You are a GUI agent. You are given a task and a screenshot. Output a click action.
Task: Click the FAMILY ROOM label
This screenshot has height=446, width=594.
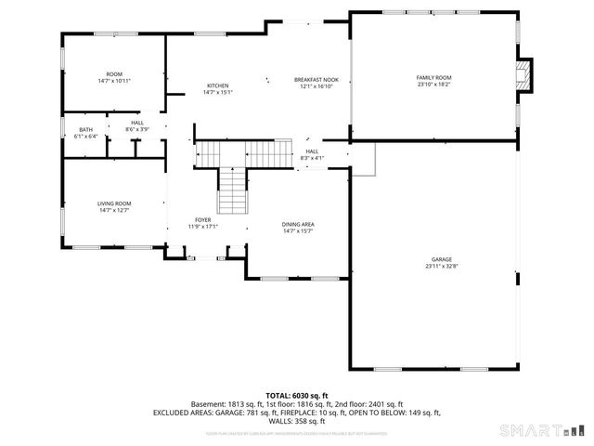(x=434, y=77)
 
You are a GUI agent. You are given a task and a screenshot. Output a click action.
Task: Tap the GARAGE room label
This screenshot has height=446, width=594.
(x=441, y=259)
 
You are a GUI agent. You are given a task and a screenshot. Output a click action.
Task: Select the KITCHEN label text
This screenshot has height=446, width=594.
(x=217, y=86)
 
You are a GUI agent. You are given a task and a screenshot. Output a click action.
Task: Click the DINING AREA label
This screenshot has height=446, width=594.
(x=298, y=224)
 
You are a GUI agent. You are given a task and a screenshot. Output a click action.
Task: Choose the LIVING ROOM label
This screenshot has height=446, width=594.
(x=114, y=203)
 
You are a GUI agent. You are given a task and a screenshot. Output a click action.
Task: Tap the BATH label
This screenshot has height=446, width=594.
(x=85, y=129)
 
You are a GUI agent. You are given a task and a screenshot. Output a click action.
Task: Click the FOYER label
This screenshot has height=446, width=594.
(x=202, y=219)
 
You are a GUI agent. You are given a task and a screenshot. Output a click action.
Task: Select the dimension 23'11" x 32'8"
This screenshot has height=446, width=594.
(x=441, y=267)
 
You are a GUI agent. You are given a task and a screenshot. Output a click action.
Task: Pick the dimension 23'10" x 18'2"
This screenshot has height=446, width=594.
(x=434, y=85)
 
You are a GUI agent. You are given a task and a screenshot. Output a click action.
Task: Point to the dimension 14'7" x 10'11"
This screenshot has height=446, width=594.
(x=114, y=81)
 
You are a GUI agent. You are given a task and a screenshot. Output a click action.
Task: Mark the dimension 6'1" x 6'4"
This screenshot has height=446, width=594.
(x=85, y=137)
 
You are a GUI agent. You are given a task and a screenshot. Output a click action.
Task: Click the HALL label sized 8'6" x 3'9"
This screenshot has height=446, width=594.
(x=137, y=123)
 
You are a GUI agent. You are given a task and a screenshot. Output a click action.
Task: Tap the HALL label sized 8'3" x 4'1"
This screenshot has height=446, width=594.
(x=312, y=151)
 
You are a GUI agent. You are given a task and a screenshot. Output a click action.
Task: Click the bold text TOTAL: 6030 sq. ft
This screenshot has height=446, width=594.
(x=296, y=395)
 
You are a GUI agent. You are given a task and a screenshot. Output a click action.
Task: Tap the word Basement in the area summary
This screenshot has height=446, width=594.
(x=208, y=403)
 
